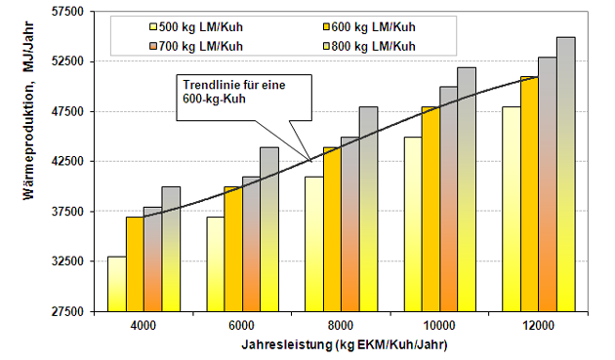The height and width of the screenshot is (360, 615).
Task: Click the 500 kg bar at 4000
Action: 117,284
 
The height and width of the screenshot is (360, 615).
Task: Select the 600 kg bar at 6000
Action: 233,250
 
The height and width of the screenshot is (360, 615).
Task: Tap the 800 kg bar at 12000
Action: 566,175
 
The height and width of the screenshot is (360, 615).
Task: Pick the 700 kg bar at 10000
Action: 449,199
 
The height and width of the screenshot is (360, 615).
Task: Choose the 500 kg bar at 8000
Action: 314,244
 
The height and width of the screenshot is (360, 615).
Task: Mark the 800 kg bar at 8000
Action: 369,209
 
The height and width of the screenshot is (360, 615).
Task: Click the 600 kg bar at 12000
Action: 530,194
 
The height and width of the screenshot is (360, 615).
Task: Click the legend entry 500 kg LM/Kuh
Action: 196,27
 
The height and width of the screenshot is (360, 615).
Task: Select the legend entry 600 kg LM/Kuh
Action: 369,27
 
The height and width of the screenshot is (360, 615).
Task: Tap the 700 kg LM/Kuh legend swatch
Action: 153,47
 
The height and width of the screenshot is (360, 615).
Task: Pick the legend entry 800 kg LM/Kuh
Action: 369,46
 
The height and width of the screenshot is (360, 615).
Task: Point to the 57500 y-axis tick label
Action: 68,12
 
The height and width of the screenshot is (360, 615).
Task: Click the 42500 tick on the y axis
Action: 68,162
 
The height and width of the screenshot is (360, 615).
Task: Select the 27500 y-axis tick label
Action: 68,312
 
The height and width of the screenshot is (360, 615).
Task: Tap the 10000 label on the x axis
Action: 439,326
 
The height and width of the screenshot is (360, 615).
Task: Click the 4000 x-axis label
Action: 143,326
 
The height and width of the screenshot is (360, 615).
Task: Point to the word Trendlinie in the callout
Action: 208,85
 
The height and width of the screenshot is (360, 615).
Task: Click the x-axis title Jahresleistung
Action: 287,344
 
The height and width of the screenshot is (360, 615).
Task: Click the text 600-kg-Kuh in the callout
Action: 214,99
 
